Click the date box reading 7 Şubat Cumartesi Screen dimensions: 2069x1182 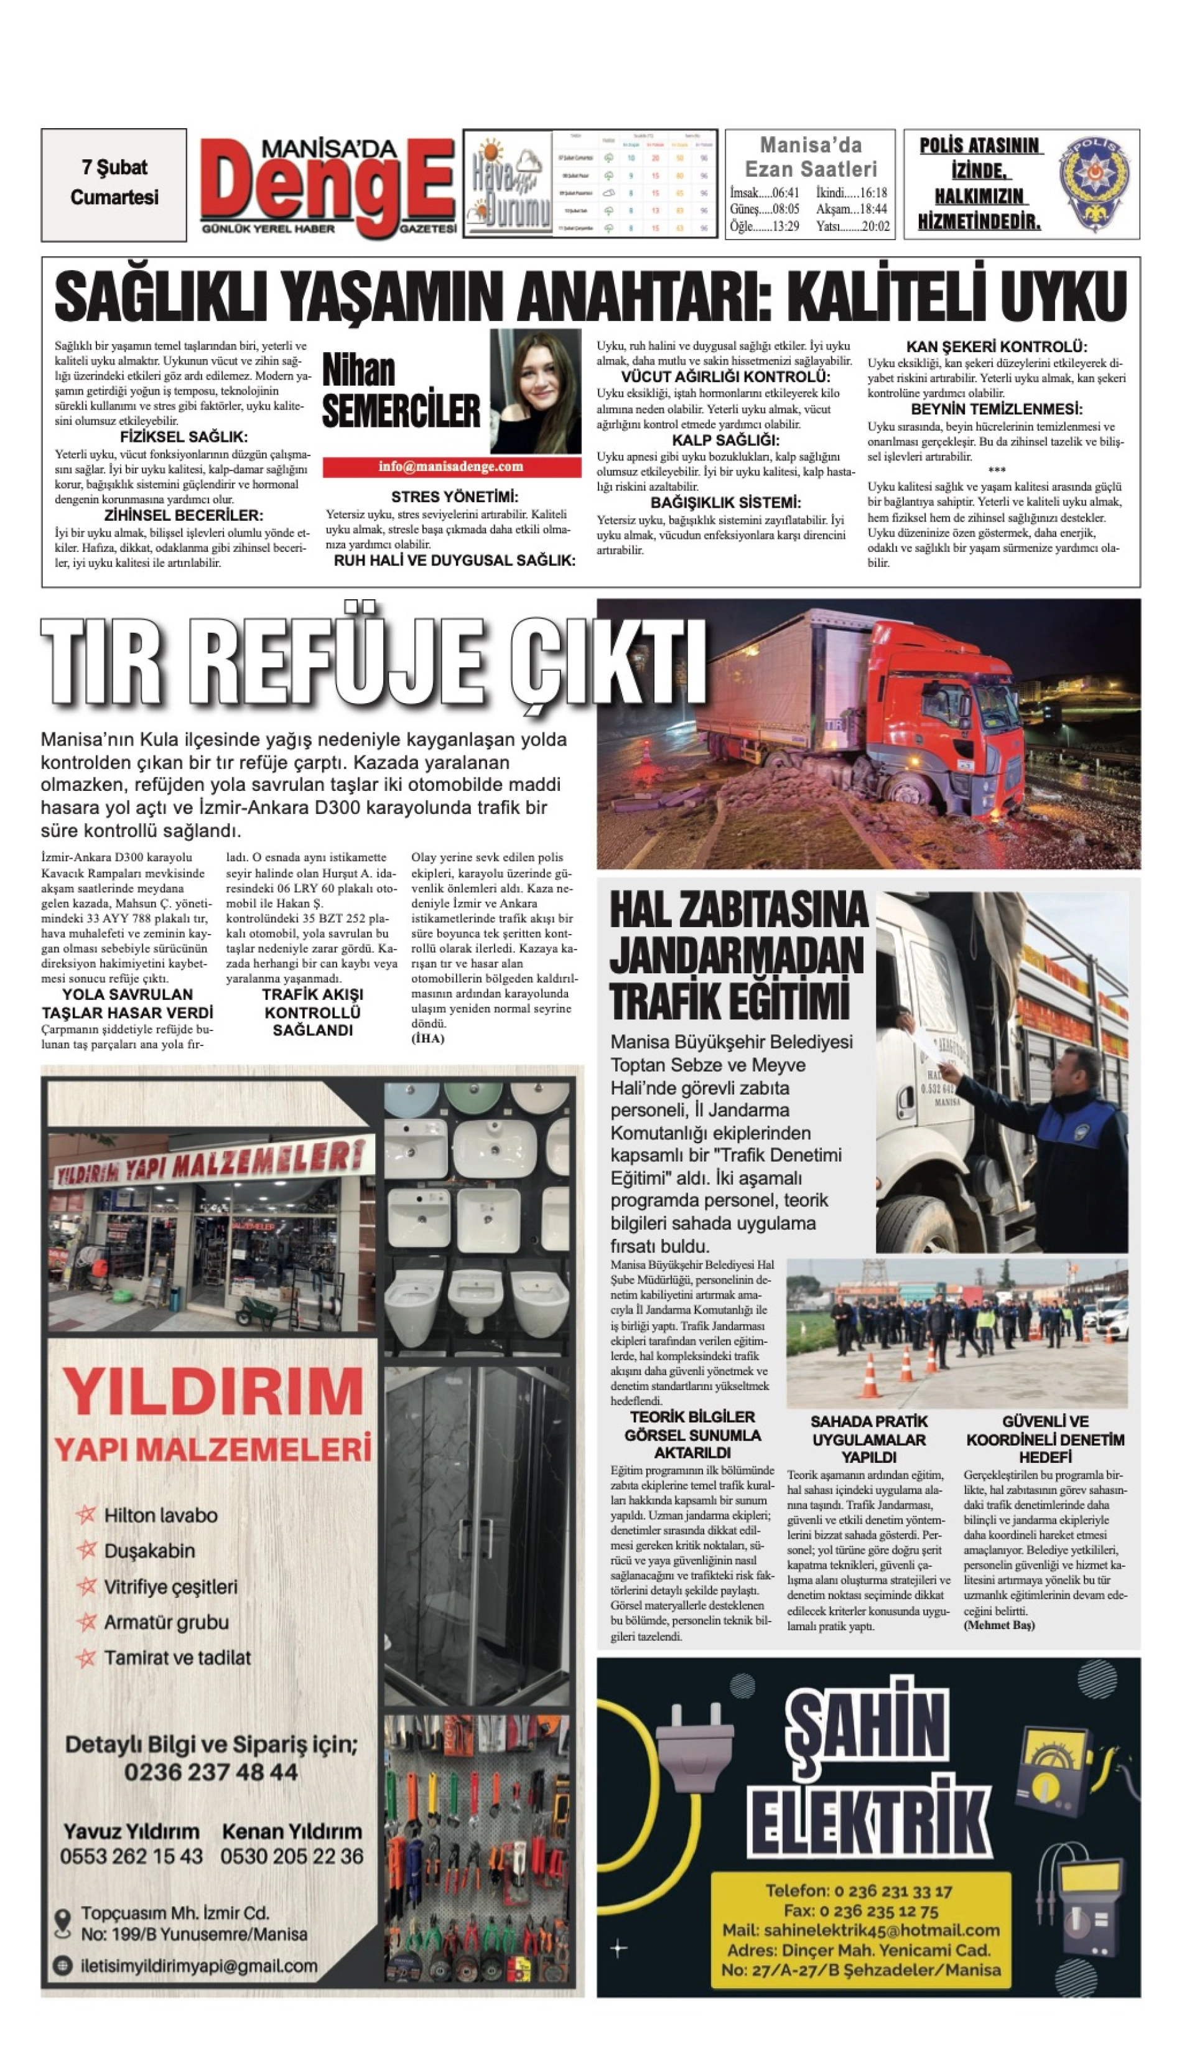(114, 184)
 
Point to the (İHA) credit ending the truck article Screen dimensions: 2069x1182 (428, 1039)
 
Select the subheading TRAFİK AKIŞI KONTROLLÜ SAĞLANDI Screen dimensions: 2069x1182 (312, 1012)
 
